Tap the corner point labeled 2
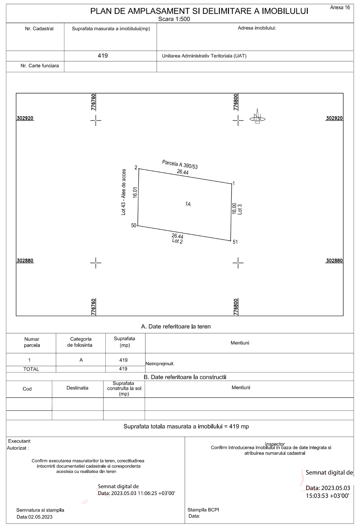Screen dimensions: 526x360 pyautogui.click(x=138, y=169)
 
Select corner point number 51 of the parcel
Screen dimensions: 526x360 pyautogui.click(x=231, y=241)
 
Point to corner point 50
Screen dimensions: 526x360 pyautogui.click(x=138, y=225)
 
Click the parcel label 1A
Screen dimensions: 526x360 pyautogui.click(x=188, y=204)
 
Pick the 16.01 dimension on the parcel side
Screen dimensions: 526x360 pyautogui.click(x=135, y=192)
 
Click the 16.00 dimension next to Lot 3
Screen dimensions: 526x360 pyautogui.click(x=234, y=208)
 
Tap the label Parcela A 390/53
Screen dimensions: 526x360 pyautogui.click(x=180, y=164)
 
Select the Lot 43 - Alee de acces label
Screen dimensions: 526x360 pyautogui.click(x=124, y=192)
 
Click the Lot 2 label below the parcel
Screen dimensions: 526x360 pyautogui.click(x=177, y=241)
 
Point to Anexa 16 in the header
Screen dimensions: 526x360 pyautogui.click(x=340, y=8)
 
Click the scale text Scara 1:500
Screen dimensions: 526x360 pyautogui.click(x=174, y=19)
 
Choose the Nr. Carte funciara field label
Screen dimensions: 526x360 pyautogui.click(x=40, y=66)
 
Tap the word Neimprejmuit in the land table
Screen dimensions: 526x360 pyautogui.click(x=160, y=364)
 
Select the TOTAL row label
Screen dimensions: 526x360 pyautogui.click(x=31, y=369)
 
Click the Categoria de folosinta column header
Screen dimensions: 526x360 pyautogui.click(x=81, y=342)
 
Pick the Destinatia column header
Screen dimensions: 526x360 pyautogui.click(x=77, y=388)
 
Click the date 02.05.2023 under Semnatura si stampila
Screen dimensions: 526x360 pyautogui.click(x=40, y=517)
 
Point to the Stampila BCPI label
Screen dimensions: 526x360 pyautogui.click(x=203, y=510)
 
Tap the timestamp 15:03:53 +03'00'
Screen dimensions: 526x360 pyautogui.click(x=327, y=496)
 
